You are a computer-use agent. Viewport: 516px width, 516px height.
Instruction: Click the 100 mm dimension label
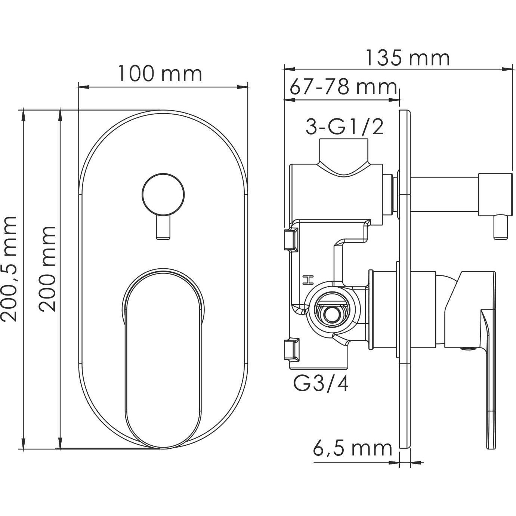[x=160, y=74]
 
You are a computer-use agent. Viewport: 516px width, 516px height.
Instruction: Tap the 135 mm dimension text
[x=408, y=58]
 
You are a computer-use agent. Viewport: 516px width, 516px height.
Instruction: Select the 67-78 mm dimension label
[x=343, y=87]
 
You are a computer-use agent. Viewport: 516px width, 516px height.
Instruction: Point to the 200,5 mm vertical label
[x=9, y=269]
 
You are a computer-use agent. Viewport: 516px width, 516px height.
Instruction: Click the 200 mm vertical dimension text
[x=47, y=269]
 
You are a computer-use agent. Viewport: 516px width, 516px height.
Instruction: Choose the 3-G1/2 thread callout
[x=344, y=127]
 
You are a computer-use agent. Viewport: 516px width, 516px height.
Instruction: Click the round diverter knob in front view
[x=163, y=195]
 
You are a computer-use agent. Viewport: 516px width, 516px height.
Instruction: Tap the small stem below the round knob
[x=163, y=227]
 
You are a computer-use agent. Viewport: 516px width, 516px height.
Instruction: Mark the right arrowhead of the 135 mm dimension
[x=507, y=69]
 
